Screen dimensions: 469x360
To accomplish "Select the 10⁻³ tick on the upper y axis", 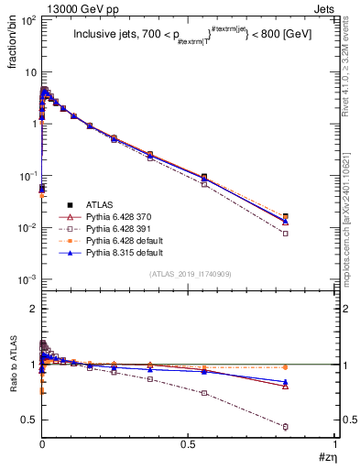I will (26, 278).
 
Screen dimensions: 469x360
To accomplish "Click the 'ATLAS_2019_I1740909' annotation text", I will (189, 275).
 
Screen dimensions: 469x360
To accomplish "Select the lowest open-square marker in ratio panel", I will (311, 427).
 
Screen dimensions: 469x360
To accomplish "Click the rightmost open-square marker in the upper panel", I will (311, 234).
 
